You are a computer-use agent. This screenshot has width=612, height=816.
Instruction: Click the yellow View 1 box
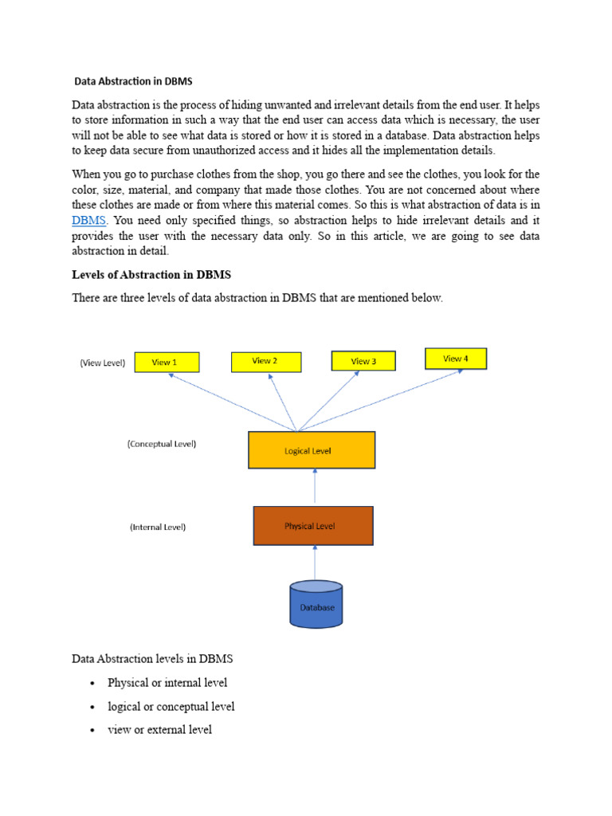(x=166, y=363)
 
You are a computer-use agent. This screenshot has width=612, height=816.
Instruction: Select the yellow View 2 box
(x=265, y=361)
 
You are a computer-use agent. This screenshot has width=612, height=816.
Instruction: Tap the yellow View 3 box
(x=363, y=361)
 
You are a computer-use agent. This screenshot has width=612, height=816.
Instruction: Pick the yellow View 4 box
(x=455, y=359)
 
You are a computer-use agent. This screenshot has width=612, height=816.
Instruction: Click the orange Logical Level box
(x=312, y=450)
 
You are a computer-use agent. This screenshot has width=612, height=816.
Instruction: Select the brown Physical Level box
(x=313, y=526)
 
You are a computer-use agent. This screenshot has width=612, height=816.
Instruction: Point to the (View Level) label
(x=103, y=363)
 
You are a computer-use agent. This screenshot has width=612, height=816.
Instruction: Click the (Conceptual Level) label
(x=162, y=444)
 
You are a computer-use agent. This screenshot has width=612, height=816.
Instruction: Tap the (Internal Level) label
(x=158, y=527)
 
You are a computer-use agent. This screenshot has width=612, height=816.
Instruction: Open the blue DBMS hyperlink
(x=88, y=219)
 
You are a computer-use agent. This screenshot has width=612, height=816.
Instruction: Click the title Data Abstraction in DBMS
(x=133, y=80)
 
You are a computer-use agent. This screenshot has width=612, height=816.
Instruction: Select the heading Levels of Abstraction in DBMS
(x=151, y=275)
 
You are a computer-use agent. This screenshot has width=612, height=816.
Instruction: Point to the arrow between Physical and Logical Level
(x=315, y=486)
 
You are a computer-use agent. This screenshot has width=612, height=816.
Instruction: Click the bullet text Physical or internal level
(x=167, y=682)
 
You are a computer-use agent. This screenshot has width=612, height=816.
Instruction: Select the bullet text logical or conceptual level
(x=171, y=706)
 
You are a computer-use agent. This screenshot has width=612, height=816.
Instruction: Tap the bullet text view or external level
(x=159, y=729)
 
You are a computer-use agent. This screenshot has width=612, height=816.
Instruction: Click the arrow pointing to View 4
(x=382, y=400)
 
